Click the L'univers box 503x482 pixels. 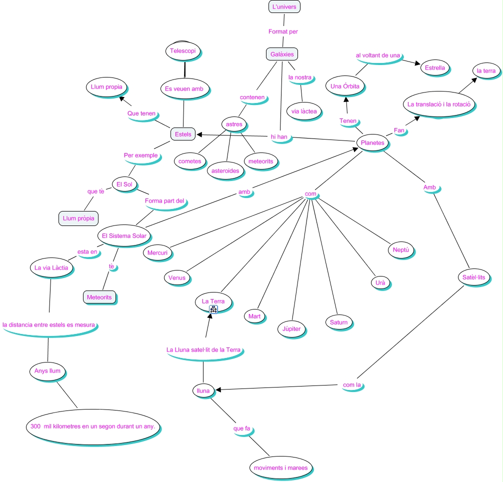284,7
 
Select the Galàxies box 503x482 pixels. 282,54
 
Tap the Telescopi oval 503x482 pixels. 183,51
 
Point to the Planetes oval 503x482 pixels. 372,142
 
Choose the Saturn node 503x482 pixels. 338,322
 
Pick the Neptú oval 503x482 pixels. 401,250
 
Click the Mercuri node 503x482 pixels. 157,252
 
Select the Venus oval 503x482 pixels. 176,278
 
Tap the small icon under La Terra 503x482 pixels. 213,309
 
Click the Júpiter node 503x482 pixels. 291,329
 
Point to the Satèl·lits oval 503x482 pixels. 471,277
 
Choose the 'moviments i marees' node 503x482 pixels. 281,468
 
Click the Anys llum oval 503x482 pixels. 47,371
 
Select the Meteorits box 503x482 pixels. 99,297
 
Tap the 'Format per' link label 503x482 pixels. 283,31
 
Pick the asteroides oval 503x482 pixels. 225,170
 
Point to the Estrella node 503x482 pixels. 434,67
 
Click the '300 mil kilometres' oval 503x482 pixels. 92,427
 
